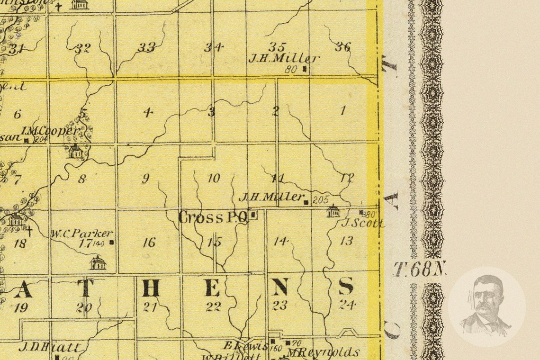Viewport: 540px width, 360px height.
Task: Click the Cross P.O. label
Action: [213, 217]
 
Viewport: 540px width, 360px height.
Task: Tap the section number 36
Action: [342, 46]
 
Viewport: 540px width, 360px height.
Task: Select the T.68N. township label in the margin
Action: [420, 269]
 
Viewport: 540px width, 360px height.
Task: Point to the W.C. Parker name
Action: [82, 234]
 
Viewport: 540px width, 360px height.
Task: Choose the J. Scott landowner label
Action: [362, 223]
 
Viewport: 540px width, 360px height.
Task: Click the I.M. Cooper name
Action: [50, 130]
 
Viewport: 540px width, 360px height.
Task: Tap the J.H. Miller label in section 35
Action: [284, 59]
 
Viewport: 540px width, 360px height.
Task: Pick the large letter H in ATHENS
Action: [151, 288]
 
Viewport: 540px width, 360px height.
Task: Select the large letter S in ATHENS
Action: [346, 286]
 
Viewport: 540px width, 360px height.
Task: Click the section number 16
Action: [149, 243]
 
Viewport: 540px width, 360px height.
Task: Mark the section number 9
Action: [145, 179]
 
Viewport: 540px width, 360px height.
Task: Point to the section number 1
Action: [342, 111]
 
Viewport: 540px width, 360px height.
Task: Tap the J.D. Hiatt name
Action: [49, 347]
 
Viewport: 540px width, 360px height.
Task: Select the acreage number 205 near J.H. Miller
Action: [321, 200]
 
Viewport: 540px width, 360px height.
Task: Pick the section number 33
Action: [146, 47]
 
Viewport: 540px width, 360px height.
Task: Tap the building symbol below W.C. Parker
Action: [98, 263]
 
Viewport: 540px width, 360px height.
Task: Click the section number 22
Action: [213, 306]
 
